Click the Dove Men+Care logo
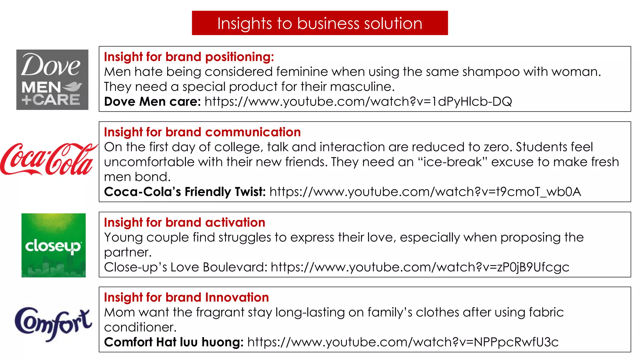tap(52, 79)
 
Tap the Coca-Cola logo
tap(48, 159)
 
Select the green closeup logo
tap(53, 245)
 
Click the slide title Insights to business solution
tap(320, 23)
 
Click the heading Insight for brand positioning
tap(189, 57)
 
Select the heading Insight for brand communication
tap(202, 132)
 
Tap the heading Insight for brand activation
tap(184, 222)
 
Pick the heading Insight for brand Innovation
tap(186, 297)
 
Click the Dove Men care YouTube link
tap(358, 102)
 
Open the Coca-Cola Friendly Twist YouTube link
tap(425, 192)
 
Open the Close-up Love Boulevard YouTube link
tap(420, 267)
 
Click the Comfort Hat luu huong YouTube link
tap(402, 342)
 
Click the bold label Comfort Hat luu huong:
tap(174, 342)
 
